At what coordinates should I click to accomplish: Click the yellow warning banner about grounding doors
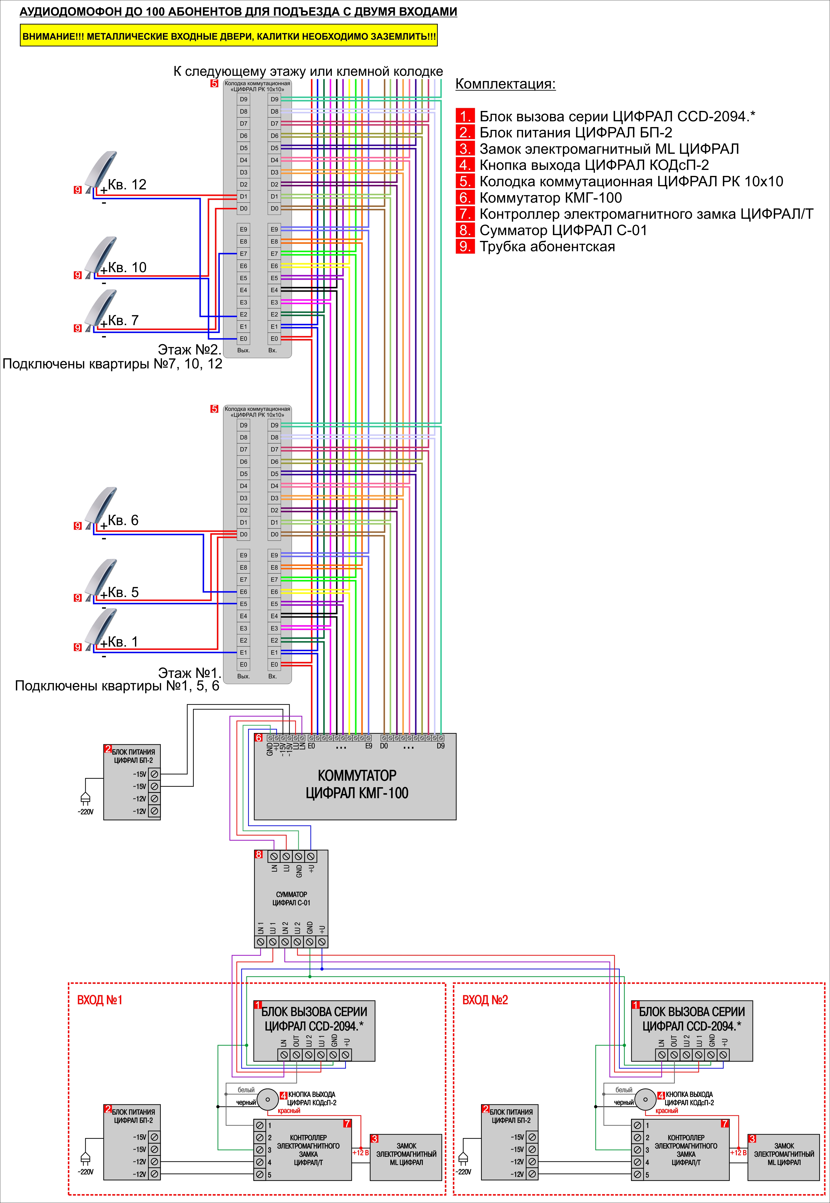click(x=229, y=36)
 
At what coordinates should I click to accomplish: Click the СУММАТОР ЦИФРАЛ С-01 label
click(x=291, y=899)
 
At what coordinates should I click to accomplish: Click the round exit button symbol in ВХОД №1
click(x=268, y=1100)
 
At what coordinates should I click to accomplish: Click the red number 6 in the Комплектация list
click(x=465, y=198)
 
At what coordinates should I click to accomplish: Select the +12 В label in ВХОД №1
click(x=360, y=1152)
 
